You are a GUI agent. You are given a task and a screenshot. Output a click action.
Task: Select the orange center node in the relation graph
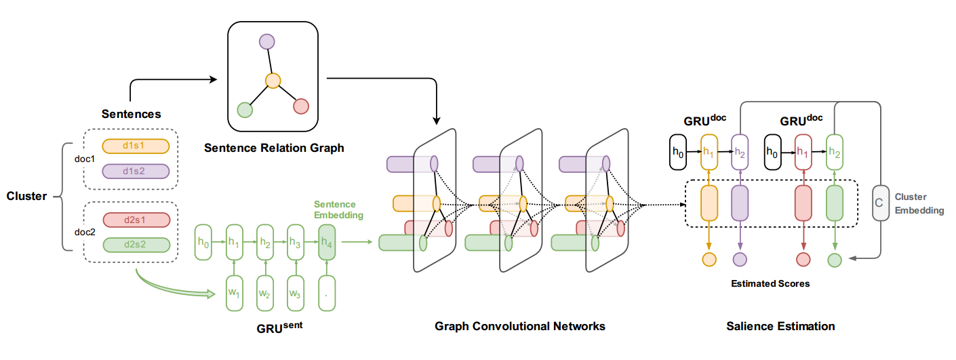273,81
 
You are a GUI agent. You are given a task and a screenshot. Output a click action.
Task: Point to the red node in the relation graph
301,106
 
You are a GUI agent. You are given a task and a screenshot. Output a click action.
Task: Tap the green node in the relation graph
245,109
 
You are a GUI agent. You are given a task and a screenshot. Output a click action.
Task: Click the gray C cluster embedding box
880,203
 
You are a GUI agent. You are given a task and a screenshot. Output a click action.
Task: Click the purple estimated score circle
740,259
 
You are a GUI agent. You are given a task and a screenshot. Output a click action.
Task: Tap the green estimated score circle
835,259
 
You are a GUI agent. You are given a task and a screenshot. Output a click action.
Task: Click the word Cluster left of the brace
27,196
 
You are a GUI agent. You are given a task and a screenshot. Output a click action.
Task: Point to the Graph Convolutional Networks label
519,326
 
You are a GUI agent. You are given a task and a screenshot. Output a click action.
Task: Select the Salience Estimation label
780,326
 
